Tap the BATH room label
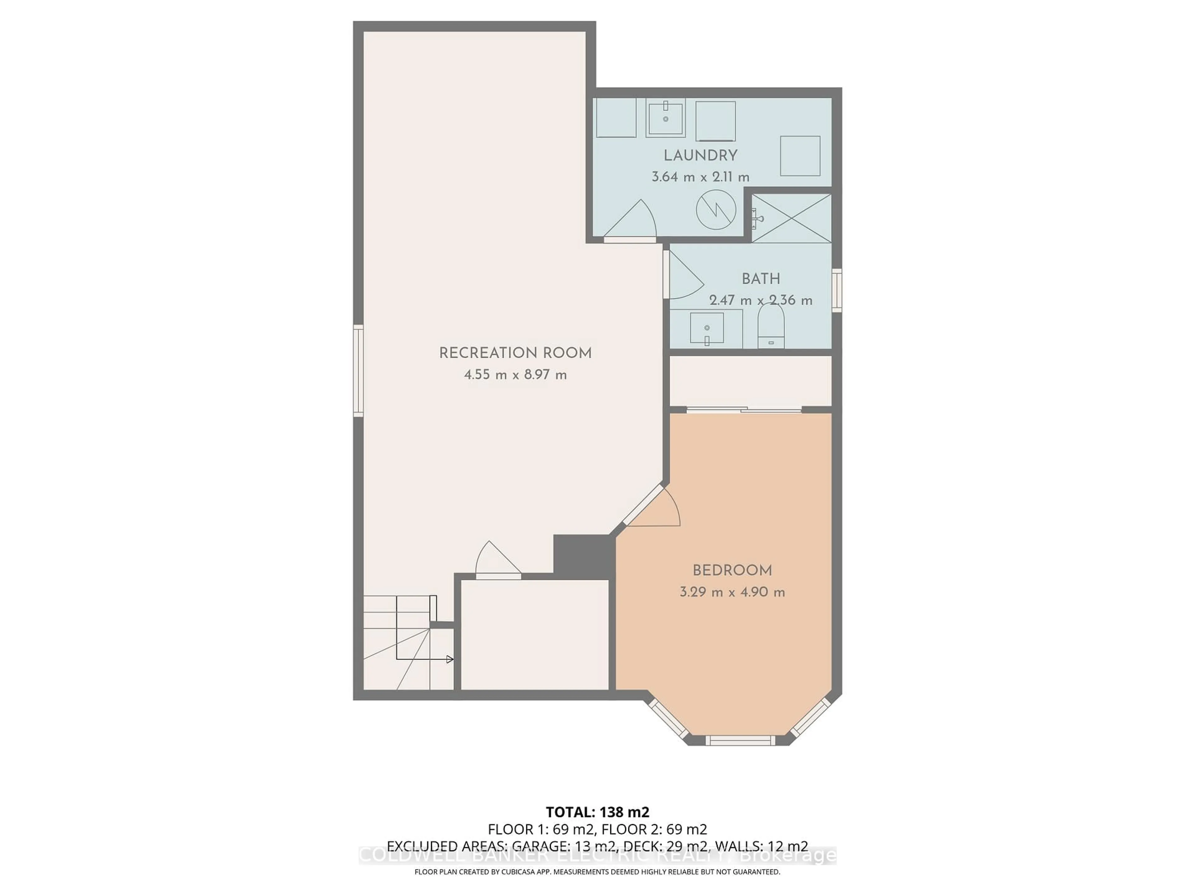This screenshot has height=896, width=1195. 761,279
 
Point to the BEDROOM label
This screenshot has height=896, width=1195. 732,570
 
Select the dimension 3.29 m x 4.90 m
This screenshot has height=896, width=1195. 732,592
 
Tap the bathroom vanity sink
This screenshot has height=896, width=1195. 707,328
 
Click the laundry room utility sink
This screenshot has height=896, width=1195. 666,117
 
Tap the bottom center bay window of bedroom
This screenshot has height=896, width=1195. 740,740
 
